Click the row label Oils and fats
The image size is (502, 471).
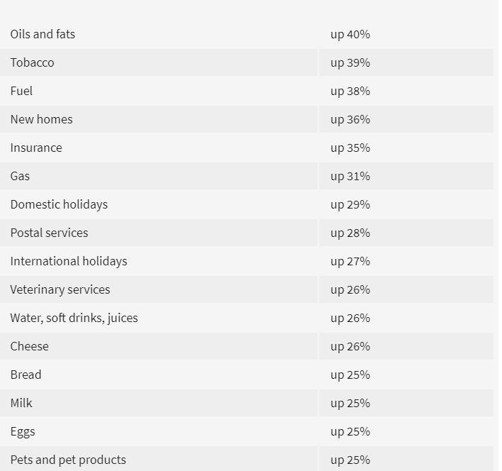(x=43, y=34)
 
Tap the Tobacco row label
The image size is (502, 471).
(x=32, y=62)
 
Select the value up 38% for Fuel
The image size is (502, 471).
(x=350, y=91)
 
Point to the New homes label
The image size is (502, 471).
(x=41, y=119)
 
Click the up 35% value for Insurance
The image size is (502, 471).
(x=350, y=148)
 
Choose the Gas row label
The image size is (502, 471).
(x=20, y=176)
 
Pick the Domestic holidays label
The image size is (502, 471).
(x=59, y=204)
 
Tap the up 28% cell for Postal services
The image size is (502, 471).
(x=350, y=233)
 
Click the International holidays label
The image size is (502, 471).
(x=69, y=261)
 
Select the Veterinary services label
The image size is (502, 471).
(x=60, y=289)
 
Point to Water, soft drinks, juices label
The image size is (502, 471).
(x=74, y=318)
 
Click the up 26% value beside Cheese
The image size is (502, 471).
(x=350, y=346)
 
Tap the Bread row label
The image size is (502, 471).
(x=26, y=375)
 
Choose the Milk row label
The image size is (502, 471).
(x=21, y=403)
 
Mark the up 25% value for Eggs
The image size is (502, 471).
(x=350, y=431)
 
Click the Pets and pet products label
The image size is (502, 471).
(x=68, y=460)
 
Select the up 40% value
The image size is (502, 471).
(x=350, y=34)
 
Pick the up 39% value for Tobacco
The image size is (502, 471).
(x=350, y=62)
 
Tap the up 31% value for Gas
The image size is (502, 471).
(x=350, y=176)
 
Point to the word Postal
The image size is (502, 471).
(x=26, y=233)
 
